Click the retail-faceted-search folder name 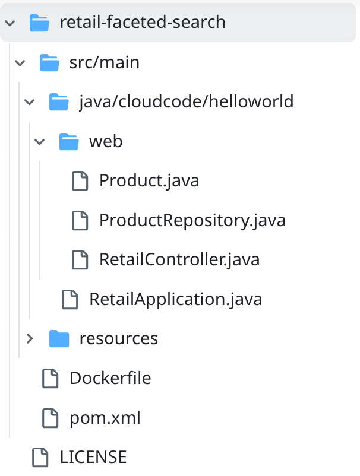(143, 22)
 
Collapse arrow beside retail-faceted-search (10, 23)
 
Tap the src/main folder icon (49, 62)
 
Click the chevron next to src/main (20, 63)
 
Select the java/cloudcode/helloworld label (186, 101)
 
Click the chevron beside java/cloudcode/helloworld (30, 102)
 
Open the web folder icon (69, 141)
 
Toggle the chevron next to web (39, 141)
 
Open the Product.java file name (149, 180)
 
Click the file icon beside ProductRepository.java (80, 220)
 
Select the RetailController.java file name (179, 260)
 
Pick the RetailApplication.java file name (176, 299)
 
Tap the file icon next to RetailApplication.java (70, 299)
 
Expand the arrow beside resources (30, 338)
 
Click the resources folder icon (59, 338)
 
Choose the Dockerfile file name (110, 378)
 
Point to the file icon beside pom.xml (50, 418)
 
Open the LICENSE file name (93, 457)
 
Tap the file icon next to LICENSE (40, 457)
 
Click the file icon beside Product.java (80, 180)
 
